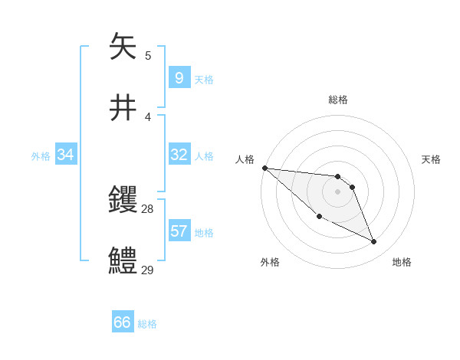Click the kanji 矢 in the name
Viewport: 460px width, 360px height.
click(123, 47)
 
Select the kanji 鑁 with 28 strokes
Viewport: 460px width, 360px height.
click(123, 200)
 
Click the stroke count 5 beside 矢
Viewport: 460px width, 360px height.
click(148, 56)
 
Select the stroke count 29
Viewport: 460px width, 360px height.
click(148, 269)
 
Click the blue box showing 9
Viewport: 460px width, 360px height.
click(179, 77)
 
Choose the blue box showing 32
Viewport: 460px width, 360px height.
click(179, 155)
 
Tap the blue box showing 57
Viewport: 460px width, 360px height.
click(179, 231)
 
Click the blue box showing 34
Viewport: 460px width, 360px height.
click(65, 155)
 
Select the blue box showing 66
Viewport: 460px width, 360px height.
click(123, 322)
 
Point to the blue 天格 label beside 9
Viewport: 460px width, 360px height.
click(204, 80)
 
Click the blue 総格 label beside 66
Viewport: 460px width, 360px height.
click(147, 324)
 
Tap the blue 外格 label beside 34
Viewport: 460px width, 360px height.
click(41, 156)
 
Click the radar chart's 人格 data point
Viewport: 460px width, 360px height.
click(264, 167)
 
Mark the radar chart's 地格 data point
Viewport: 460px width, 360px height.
click(374, 242)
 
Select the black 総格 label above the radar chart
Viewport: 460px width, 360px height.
click(337, 100)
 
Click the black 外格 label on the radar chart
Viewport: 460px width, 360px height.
click(270, 263)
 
